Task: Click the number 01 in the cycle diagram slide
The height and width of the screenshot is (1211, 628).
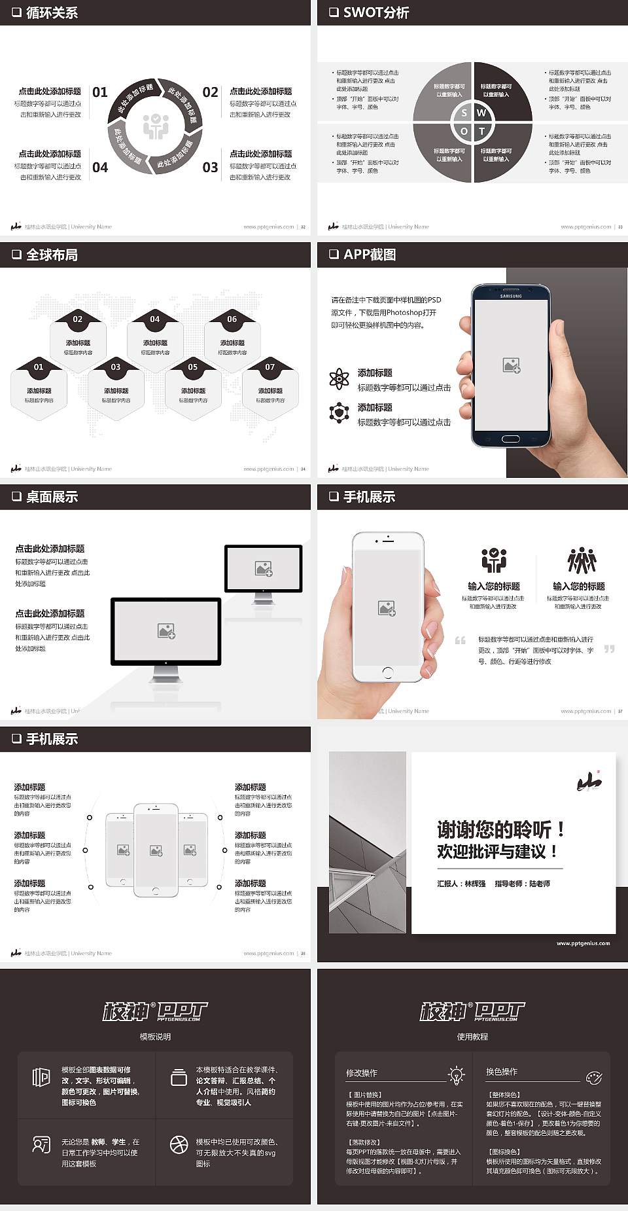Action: point(100,92)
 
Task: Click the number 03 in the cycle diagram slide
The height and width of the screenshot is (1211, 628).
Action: point(210,168)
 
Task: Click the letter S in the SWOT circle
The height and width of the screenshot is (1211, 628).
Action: point(464,113)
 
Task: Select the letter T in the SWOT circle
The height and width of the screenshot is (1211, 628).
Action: point(482,132)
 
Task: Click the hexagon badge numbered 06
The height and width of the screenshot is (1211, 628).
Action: point(232,319)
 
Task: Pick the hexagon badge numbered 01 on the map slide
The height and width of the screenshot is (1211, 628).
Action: point(39,367)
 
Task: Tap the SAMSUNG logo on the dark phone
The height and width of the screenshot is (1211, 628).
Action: point(511,296)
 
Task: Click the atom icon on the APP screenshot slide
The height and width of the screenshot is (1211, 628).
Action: point(339,378)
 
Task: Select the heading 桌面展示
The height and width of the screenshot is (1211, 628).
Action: point(52,497)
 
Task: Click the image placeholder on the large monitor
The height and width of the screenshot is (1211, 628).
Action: point(166,631)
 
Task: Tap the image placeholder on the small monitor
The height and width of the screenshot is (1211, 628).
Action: point(264,568)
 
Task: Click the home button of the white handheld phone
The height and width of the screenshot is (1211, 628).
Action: point(387,672)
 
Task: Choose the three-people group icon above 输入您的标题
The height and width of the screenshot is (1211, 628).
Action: point(582,561)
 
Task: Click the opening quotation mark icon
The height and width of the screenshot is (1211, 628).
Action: point(461,640)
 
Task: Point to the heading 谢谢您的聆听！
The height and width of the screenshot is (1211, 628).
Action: point(500,830)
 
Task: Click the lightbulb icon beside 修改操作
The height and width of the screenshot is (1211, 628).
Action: point(456,1074)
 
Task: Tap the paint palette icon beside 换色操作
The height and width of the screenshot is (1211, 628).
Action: point(593,1077)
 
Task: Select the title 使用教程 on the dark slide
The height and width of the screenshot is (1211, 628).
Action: point(472,1037)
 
